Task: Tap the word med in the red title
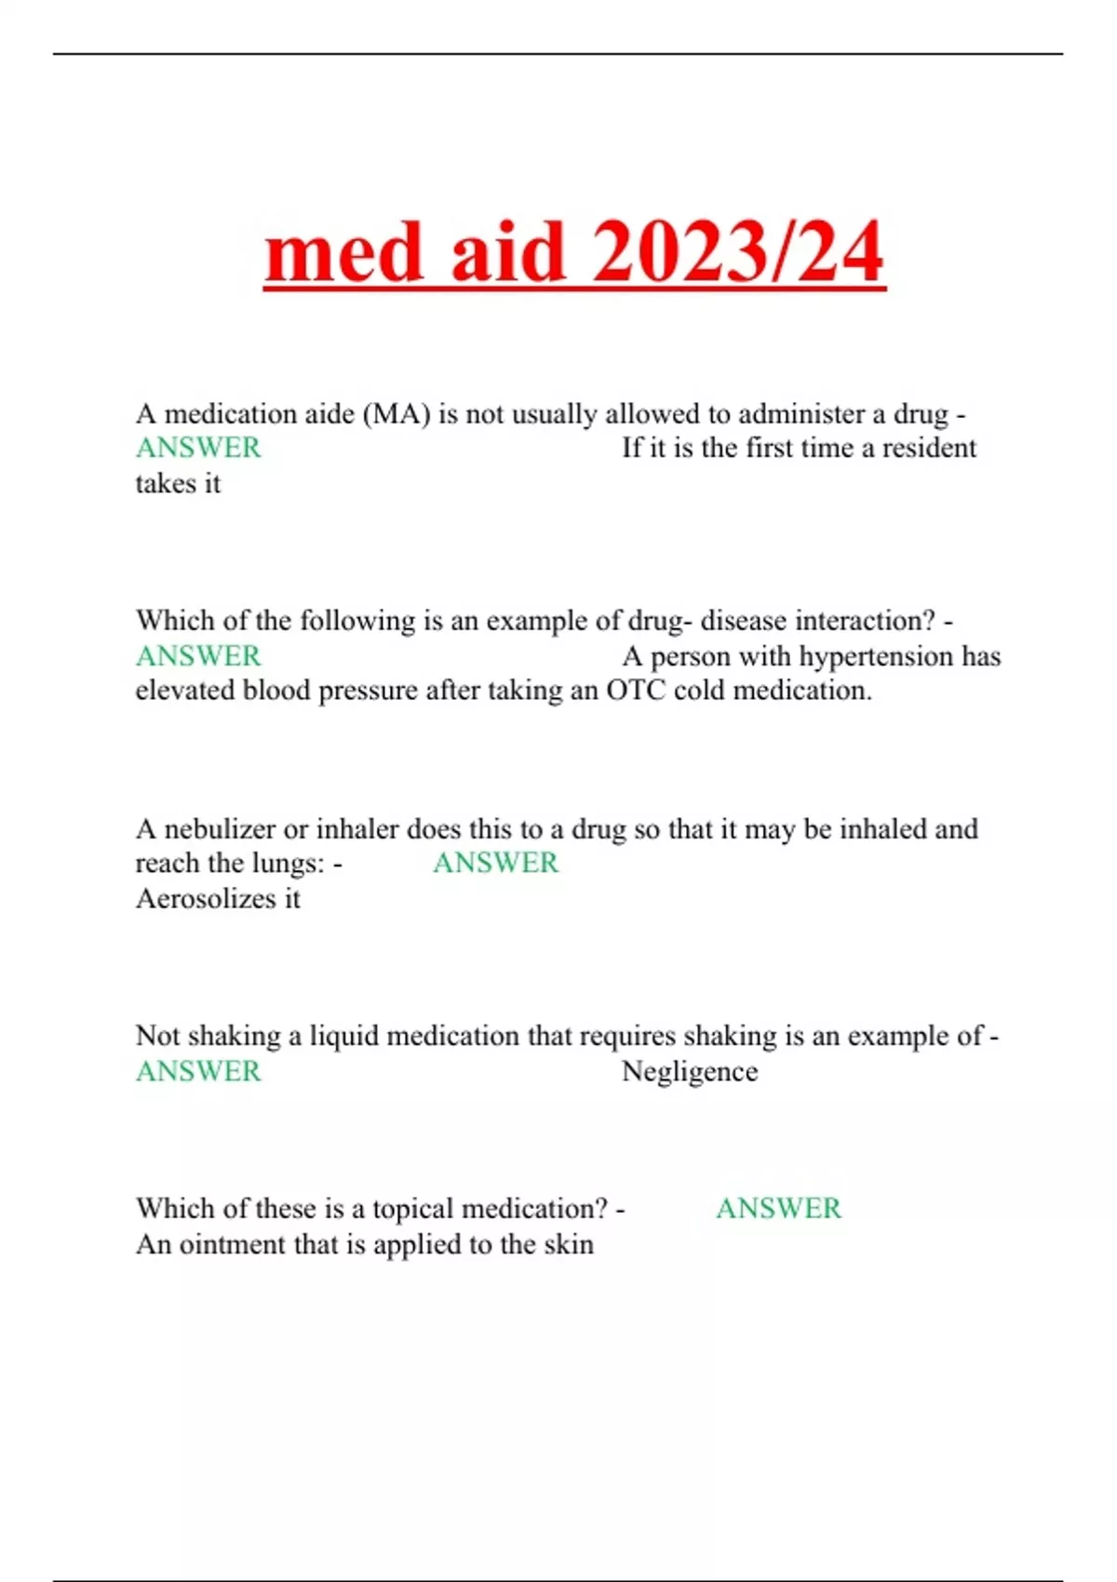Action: [345, 253]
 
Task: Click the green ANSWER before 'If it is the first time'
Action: [198, 449]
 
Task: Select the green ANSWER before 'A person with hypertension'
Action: [198, 657]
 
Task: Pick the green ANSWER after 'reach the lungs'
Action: [495, 864]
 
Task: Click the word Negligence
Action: [690, 1072]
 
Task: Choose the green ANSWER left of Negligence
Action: [198, 1072]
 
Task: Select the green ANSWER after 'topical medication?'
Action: [778, 1209]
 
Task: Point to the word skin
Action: [569, 1245]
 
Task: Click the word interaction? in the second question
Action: [865, 621]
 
